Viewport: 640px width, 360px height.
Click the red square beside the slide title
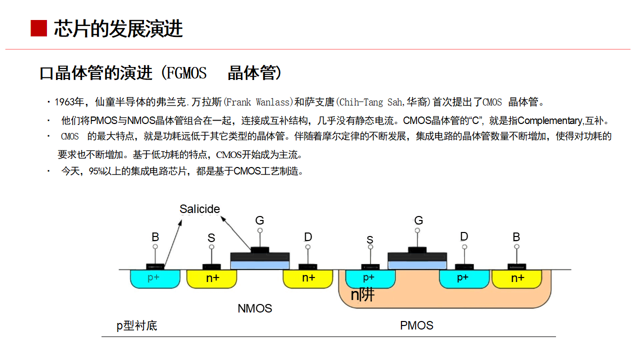tap(38, 28)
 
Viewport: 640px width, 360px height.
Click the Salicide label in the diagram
tap(199, 209)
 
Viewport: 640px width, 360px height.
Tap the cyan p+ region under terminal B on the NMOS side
tap(154, 278)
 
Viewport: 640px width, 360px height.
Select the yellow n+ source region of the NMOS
tap(212, 278)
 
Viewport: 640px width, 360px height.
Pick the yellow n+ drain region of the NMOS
tap(308, 278)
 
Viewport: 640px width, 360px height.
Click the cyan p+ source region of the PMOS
tap(369, 278)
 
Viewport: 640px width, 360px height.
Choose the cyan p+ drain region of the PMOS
tap(463, 278)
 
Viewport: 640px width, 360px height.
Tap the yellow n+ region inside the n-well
tap(517, 278)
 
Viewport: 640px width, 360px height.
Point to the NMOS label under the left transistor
tap(254, 308)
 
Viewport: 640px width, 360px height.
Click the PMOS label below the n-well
tap(416, 325)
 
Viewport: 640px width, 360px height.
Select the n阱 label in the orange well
tap(362, 295)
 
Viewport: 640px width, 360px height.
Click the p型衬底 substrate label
tap(137, 326)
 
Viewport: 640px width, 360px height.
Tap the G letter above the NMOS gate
tap(259, 220)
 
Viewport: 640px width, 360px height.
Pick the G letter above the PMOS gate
tap(418, 220)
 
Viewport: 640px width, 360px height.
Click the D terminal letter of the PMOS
tap(464, 236)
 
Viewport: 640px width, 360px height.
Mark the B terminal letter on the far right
tap(516, 237)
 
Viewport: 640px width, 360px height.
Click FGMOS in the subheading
tap(186, 73)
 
